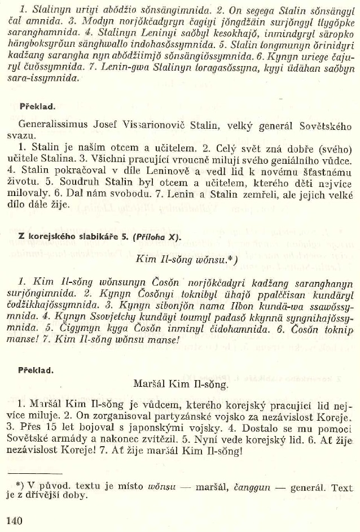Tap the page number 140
point(14,520)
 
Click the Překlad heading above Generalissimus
point(36,106)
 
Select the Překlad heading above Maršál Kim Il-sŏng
point(36,370)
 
